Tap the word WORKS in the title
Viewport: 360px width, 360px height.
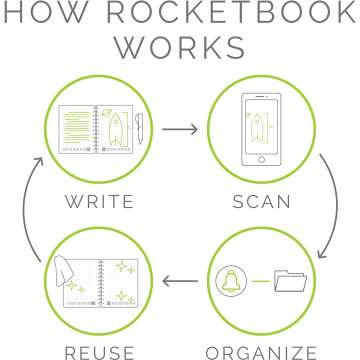click(179, 48)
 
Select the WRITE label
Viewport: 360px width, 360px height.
click(98, 201)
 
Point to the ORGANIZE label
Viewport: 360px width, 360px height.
click(262, 351)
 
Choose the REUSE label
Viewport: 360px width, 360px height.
click(98, 351)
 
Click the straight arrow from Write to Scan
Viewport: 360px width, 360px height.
click(179, 130)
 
